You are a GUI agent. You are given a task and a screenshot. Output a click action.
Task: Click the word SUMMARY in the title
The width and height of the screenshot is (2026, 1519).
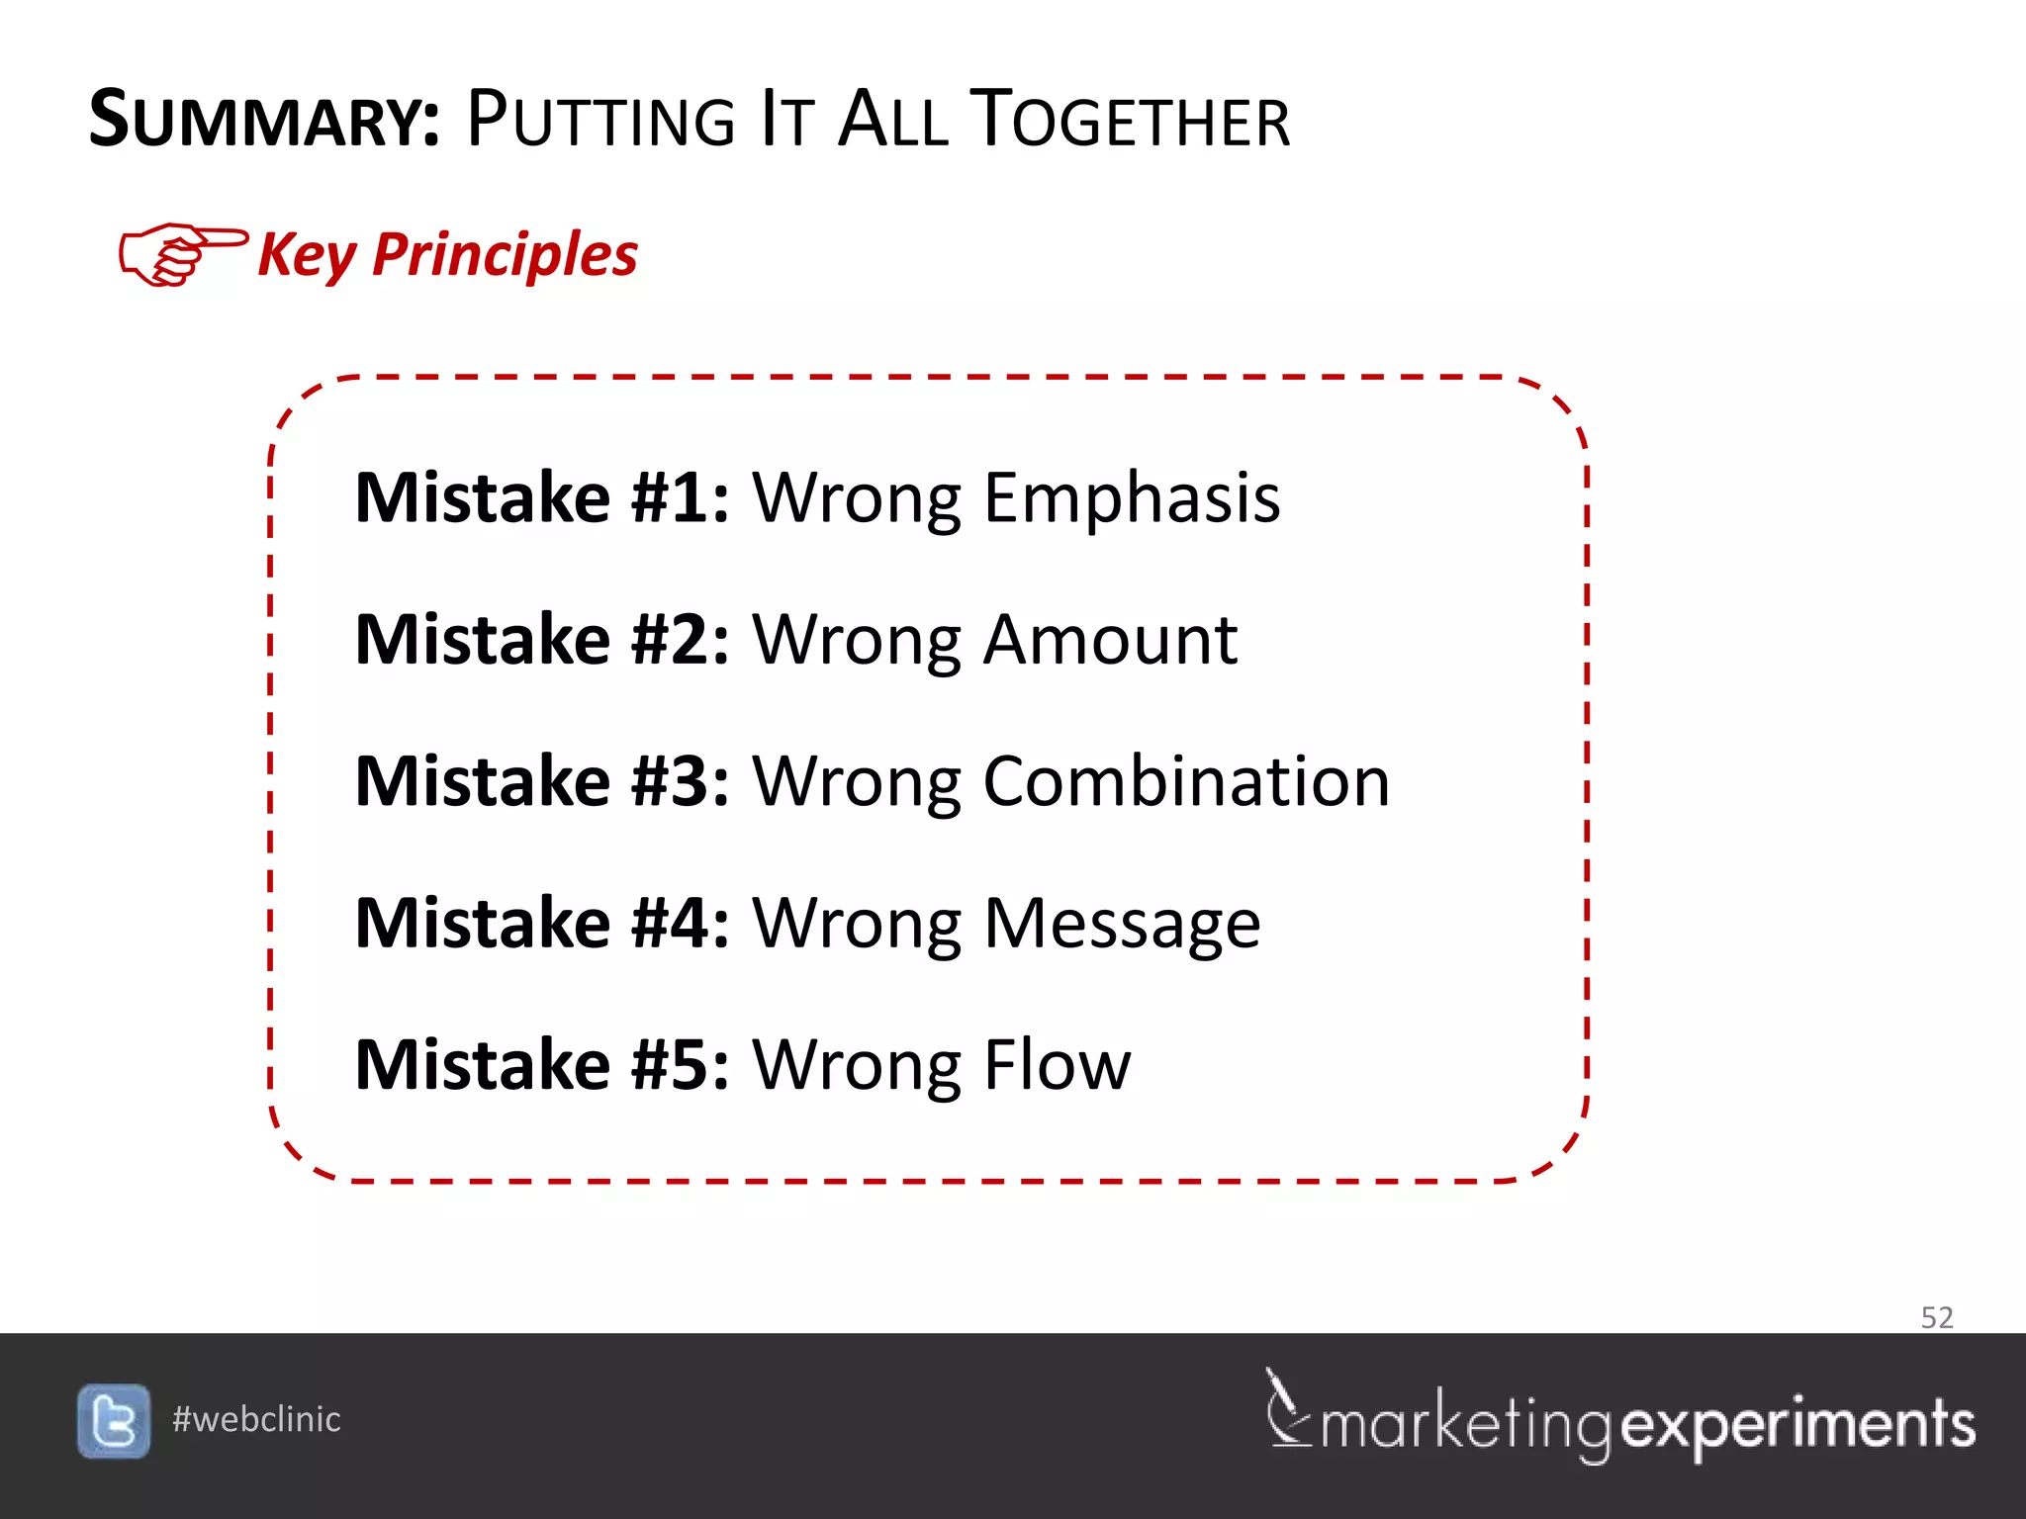(263, 121)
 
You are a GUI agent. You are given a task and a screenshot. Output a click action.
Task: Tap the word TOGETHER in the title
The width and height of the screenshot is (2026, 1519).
(1129, 121)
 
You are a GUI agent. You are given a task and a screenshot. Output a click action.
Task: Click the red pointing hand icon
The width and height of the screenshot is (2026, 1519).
(180, 253)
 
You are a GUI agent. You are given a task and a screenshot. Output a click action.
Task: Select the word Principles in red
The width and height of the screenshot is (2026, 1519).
(505, 255)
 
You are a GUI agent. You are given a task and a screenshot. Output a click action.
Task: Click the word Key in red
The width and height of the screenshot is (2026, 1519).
(306, 255)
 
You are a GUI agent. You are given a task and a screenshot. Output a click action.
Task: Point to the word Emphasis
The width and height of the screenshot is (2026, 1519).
(1132, 497)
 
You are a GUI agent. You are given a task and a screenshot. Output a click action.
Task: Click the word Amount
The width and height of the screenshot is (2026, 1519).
(1110, 640)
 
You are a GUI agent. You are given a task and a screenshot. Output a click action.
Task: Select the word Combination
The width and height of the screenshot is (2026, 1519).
(1186, 781)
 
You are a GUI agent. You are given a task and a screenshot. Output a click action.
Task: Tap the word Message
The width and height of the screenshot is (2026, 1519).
(1122, 924)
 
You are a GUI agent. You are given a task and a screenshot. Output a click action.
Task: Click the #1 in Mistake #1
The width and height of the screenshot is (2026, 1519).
(680, 497)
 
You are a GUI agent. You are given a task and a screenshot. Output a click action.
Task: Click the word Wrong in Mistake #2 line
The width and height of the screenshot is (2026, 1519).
(856, 640)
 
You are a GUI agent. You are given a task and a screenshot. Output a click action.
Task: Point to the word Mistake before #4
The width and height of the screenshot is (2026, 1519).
(483, 924)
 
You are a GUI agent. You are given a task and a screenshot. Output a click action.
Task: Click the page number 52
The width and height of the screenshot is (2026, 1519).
(1937, 1317)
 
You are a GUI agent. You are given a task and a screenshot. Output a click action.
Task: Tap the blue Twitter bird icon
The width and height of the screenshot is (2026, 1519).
(114, 1421)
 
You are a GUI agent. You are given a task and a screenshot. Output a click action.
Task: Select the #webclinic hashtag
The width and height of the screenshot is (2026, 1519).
(256, 1420)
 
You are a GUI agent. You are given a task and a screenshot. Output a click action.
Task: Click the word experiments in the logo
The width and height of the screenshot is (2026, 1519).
(1798, 1425)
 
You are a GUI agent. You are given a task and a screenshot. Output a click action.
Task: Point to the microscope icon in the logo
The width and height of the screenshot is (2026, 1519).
(1286, 1408)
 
